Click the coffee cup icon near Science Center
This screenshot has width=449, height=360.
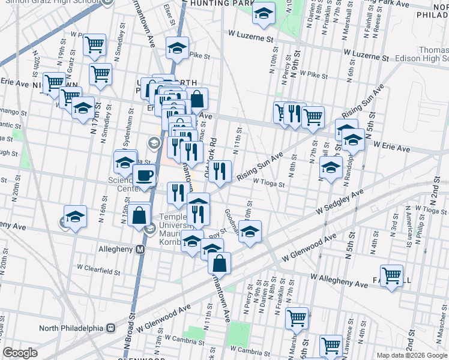pos(143,176)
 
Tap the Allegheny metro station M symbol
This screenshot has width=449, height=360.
pos(140,248)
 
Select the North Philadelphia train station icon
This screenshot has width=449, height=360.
pos(110,328)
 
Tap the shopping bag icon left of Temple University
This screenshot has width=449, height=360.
pos(139,214)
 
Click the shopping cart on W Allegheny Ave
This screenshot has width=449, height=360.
pos(391,276)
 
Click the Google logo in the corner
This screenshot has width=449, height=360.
pos(20,353)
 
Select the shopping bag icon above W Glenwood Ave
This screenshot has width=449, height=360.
pos(220,262)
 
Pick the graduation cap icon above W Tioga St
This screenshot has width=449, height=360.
pos(331,169)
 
